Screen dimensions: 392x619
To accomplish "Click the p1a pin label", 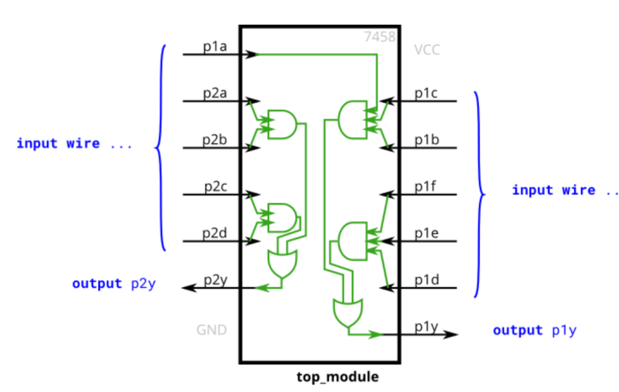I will (x=215, y=47).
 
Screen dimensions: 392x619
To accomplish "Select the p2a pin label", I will (x=215, y=93).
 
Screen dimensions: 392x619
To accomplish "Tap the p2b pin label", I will (x=215, y=140).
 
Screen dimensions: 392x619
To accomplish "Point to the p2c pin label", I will (x=215, y=186).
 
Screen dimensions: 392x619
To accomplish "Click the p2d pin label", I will (x=215, y=233).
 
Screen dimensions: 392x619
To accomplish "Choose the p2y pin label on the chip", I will (x=215, y=280).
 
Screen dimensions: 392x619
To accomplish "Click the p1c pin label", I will (x=427, y=93).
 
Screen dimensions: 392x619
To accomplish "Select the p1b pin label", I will (x=427, y=140).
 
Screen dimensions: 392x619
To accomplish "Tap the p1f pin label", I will (x=427, y=186).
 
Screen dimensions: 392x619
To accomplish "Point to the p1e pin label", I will (x=427, y=233).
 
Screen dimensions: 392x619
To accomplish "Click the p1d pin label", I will (x=427, y=280).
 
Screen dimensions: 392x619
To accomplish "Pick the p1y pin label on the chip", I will (x=427, y=326).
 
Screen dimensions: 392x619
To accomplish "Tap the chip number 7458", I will (x=379, y=37).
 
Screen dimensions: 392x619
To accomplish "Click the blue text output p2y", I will (x=114, y=284).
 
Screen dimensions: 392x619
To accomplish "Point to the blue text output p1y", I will (x=534, y=330).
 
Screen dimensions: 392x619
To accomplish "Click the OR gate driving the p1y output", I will (x=346, y=315).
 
